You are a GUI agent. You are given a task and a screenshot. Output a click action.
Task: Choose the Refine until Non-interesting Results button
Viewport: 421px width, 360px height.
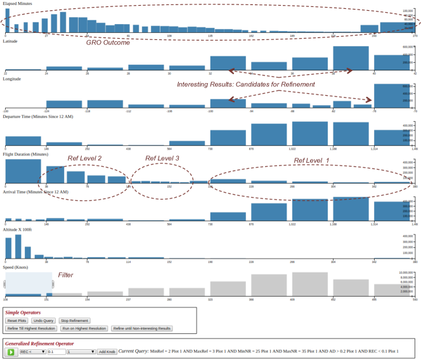[141, 328]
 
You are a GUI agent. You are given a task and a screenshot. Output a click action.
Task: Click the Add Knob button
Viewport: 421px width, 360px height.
[107, 351]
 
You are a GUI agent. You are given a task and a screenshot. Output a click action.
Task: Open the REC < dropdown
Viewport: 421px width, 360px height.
[32, 351]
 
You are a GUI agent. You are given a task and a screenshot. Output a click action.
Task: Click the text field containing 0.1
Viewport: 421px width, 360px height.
[56, 351]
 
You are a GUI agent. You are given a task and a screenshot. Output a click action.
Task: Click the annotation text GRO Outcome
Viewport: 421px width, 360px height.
[108, 42]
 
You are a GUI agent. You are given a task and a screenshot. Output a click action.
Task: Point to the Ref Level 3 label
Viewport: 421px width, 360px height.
[162, 158]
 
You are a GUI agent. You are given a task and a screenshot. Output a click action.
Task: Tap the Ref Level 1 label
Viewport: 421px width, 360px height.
[311, 160]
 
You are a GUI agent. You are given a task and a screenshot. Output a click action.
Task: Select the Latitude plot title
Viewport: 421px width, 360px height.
[10, 41]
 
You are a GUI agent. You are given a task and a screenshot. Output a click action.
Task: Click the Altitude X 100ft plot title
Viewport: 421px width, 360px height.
[17, 229]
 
